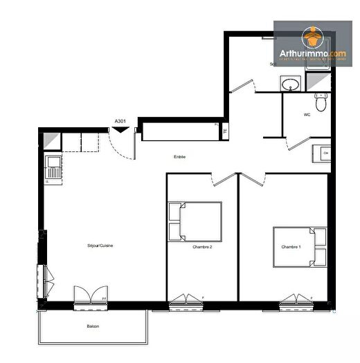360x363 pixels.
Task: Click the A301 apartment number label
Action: [120, 121]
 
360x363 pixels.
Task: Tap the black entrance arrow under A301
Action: [120, 131]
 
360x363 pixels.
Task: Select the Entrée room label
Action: [179, 157]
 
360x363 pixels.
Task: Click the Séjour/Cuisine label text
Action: [80, 245]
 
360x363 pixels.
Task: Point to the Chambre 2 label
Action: [202, 247]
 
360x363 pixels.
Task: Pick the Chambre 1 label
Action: [291, 247]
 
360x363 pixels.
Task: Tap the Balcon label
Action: [92, 326]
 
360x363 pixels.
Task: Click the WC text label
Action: [306, 115]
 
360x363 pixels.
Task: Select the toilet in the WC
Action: [319, 102]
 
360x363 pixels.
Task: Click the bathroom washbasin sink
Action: [291, 84]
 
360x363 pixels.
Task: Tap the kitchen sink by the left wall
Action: [53, 167]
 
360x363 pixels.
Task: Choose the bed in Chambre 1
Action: [300, 246]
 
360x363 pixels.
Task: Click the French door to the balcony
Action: [90, 296]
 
